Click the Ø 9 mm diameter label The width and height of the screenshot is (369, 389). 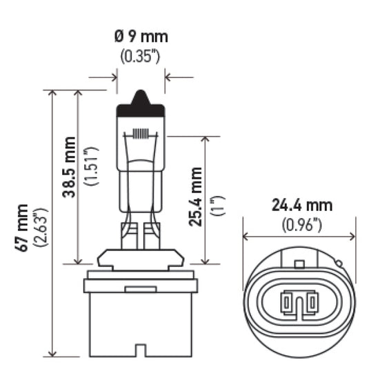point(141,37)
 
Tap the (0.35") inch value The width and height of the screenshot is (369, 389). point(141,57)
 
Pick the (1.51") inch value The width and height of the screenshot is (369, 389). point(88,168)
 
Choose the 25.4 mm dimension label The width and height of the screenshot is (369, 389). point(196,197)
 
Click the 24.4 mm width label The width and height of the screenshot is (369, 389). point(301,206)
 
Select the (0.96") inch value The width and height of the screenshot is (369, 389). point(301,224)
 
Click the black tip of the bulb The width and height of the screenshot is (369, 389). point(141,103)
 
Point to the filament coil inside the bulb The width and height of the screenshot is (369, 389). point(141,133)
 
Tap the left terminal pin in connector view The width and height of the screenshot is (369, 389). point(287,301)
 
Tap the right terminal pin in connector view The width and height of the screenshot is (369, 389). point(311,301)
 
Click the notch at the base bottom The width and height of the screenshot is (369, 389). point(141,351)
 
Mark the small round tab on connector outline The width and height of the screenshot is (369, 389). point(338,263)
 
